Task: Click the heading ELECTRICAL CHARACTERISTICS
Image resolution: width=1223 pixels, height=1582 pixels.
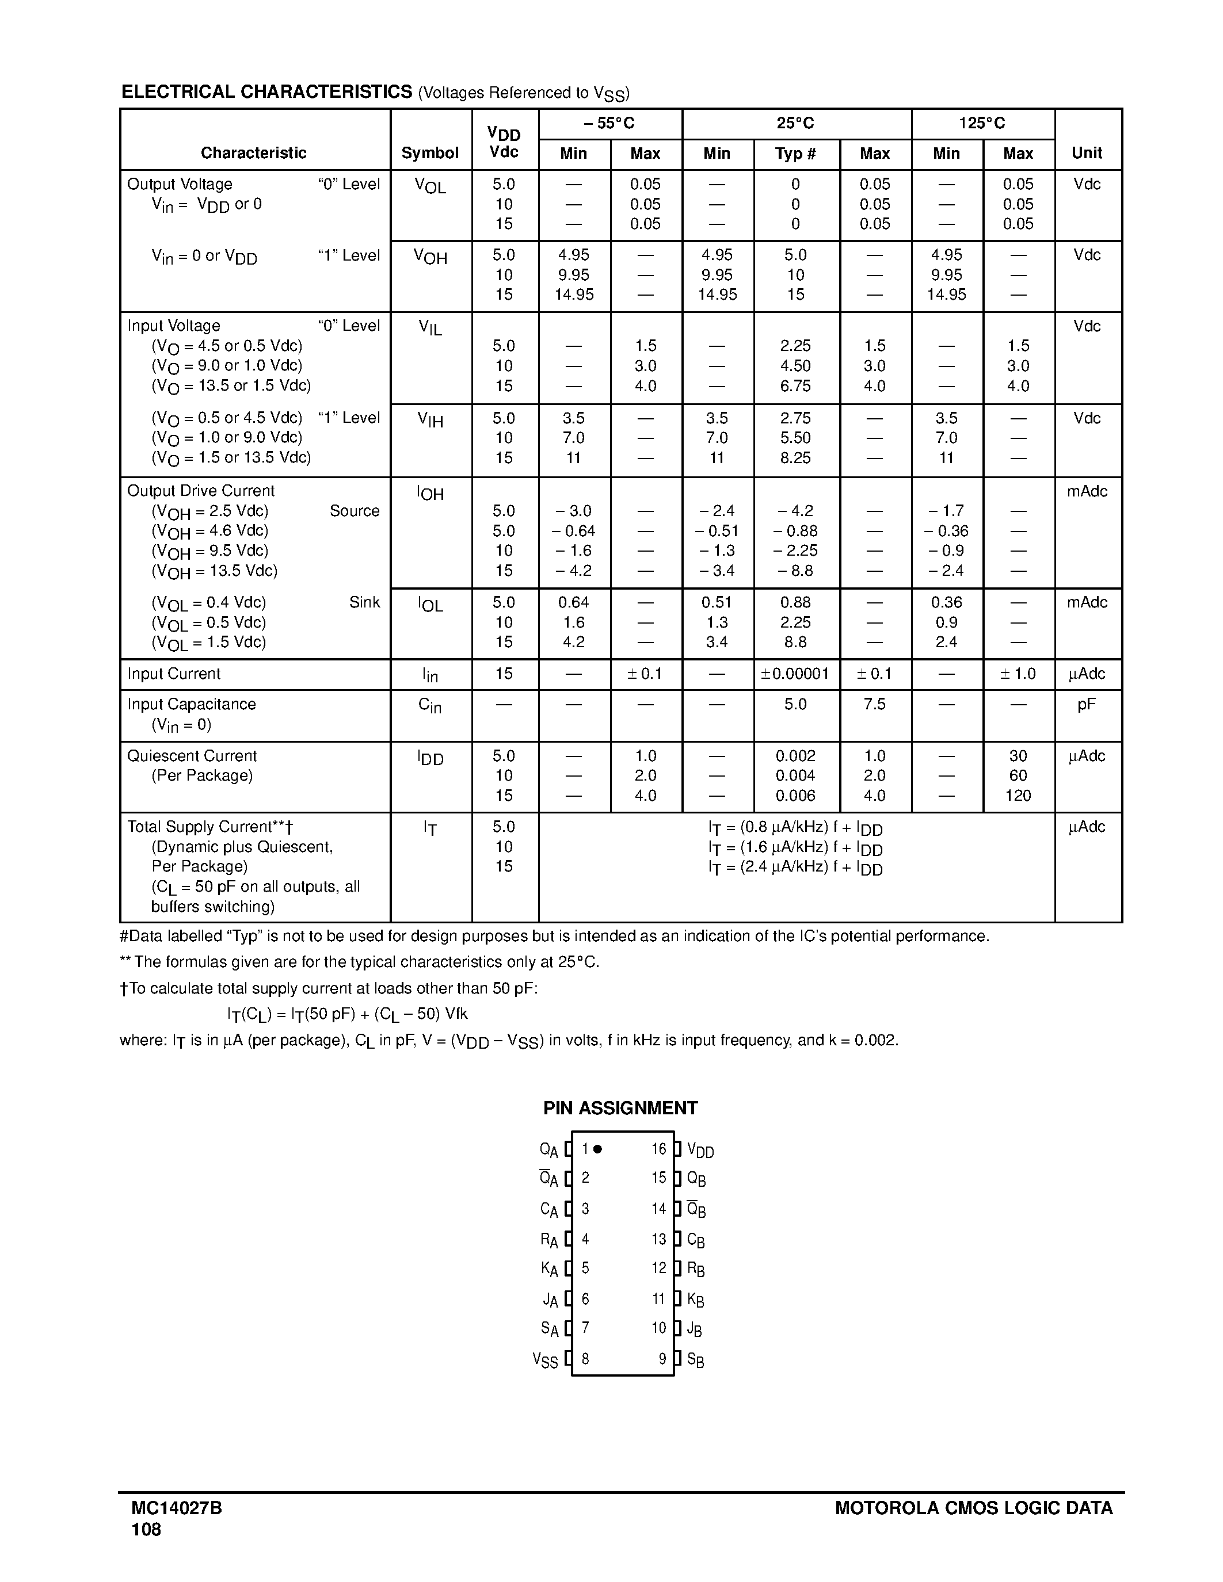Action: [266, 92]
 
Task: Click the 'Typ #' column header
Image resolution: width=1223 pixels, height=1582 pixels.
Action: [795, 154]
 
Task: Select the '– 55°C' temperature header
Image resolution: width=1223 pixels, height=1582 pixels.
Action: [609, 124]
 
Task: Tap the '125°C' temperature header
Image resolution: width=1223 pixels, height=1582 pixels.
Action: [982, 124]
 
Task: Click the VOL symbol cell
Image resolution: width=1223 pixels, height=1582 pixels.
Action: [430, 186]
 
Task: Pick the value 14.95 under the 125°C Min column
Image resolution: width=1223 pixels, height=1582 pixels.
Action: [946, 295]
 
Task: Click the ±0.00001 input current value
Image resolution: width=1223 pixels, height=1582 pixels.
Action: [795, 674]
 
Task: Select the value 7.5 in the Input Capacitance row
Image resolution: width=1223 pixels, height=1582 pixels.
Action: [874, 705]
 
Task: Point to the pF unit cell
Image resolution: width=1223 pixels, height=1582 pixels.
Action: [1086, 705]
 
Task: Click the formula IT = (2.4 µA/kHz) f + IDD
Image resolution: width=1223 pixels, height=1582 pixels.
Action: [795, 868]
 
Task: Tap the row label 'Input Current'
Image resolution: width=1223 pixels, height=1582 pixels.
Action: [174, 674]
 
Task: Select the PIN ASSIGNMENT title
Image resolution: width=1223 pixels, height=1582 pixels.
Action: [620, 1109]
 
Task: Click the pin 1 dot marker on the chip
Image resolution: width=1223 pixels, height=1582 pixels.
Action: [598, 1149]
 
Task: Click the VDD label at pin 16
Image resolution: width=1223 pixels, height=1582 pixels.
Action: [700, 1151]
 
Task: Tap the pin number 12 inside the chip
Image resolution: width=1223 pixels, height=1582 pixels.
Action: [658, 1268]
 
